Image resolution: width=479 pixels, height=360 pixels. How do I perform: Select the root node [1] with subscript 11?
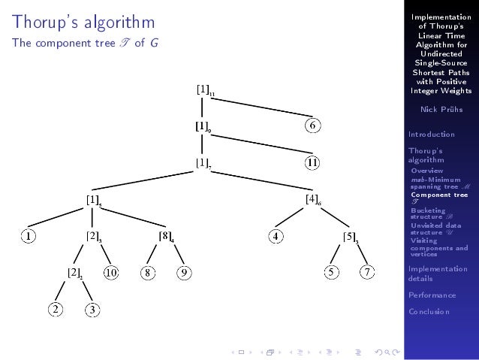(x=204, y=89)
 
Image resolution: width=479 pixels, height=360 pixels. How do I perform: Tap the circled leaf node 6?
(x=315, y=126)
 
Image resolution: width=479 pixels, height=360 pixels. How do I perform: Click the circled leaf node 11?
(x=315, y=162)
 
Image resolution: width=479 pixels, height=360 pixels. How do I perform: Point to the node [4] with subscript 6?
(x=313, y=199)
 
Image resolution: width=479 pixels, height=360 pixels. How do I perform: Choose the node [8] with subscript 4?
(x=166, y=236)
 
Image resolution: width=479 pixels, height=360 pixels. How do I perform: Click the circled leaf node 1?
(x=28, y=236)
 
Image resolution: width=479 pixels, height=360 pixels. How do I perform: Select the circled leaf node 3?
(x=92, y=309)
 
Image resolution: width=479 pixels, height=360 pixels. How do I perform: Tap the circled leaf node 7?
(x=366, y=272)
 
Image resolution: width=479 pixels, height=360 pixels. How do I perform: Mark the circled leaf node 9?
(x=183, y=272)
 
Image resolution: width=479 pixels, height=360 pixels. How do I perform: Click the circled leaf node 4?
(x=276, y=236)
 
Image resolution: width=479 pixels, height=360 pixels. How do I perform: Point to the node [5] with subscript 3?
(x=350, y=237)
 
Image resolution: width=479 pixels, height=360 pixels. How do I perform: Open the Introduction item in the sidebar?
(x=431, y=135)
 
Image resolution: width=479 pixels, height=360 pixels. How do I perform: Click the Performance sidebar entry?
(x=432, y=295)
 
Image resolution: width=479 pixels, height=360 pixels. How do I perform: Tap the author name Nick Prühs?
(x=439, y=109)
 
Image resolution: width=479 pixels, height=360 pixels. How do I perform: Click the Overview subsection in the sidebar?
(x=427, y=171)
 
